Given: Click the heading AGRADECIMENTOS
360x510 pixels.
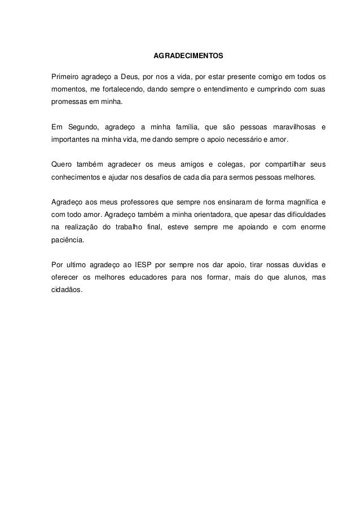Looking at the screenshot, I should (x=188, y=57).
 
